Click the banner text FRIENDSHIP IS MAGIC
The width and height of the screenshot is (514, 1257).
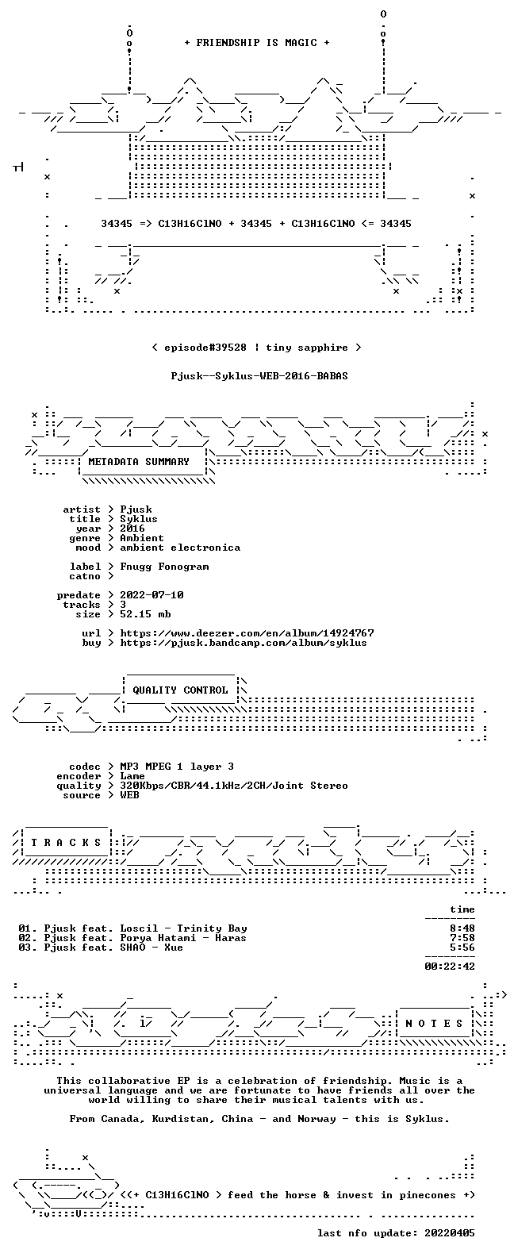point(256,43)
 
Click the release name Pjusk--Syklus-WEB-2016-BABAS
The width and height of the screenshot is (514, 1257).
point(259,376)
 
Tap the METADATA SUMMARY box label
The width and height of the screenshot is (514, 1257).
point(139,462)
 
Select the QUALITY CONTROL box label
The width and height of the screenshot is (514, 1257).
point(180,690)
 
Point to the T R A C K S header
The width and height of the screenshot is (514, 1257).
point(66,842)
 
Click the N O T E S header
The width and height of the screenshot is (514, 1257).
point(435,1024)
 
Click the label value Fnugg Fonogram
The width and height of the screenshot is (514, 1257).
point(164,567)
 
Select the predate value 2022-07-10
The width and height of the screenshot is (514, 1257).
point(152,595)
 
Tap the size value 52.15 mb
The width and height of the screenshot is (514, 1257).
point(145,614)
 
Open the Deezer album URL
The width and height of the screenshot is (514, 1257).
point(247,633)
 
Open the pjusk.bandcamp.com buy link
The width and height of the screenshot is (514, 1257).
point(244,643)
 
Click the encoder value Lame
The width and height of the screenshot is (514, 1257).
point(132,776)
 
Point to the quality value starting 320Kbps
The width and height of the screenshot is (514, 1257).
point(234,786)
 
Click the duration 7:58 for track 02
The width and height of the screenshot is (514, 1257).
point(462,938)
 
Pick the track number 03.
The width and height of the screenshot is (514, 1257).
point(26,948)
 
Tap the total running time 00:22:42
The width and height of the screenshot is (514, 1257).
point(450,967)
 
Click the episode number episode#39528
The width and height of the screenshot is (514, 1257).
point(205,348)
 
